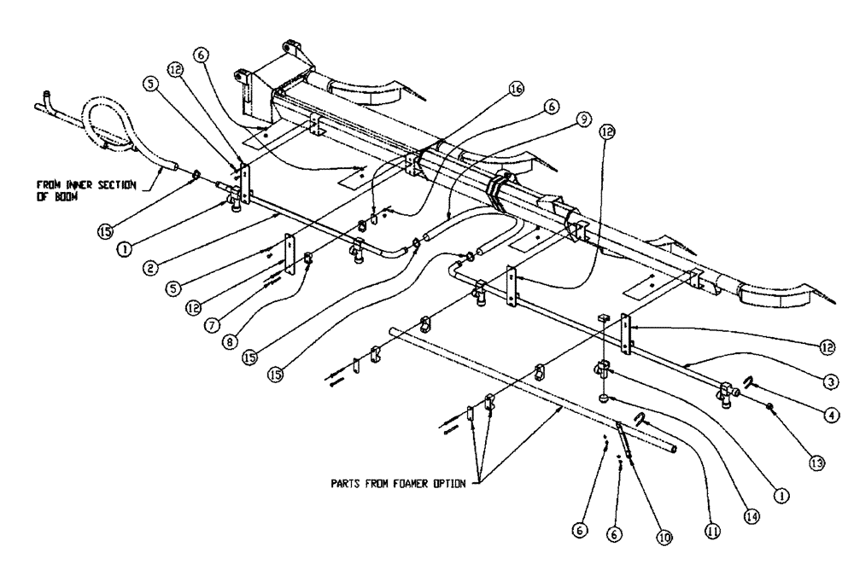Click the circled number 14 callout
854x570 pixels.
(752, 517)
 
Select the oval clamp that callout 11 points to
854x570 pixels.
(639, 417)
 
